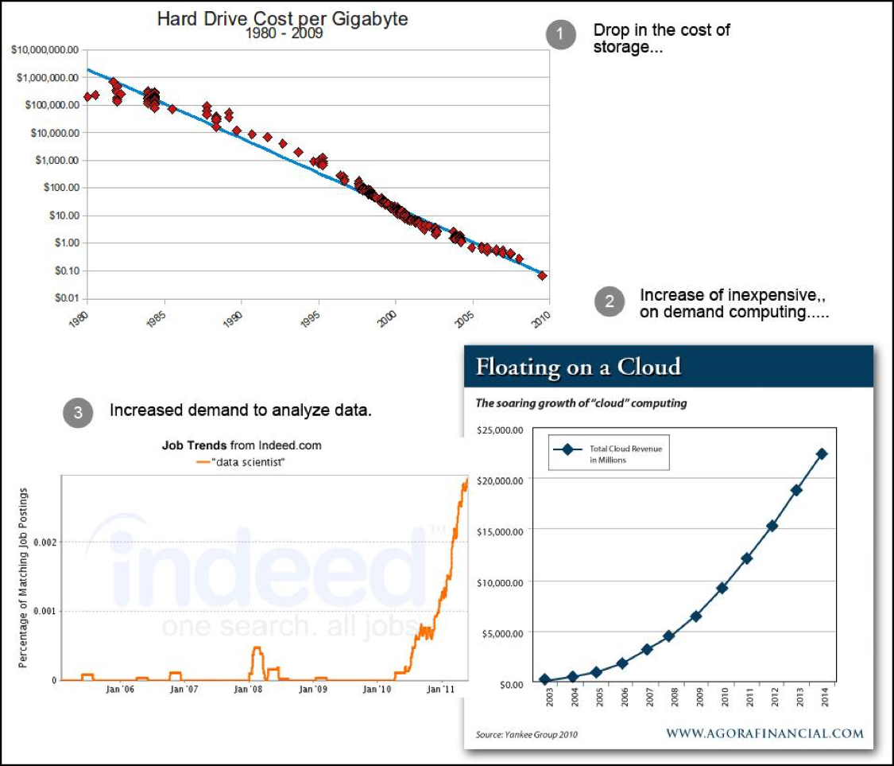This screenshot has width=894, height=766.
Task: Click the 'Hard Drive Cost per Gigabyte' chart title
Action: (282, 19)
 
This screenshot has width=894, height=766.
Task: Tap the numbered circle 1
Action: (560, 35)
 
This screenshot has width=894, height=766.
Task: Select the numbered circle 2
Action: (610, 301)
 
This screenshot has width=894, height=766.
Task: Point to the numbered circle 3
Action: (77, 412)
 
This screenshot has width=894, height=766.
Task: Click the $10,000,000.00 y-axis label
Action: (45, 50)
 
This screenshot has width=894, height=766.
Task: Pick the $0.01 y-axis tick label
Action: (64, 298)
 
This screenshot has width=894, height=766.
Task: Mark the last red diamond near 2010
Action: (542, 275)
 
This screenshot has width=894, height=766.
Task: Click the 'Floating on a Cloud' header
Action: (579, 367)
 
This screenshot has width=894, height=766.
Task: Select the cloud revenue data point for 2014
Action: (822, 454)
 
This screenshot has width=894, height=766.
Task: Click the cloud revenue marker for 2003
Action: (544, 679)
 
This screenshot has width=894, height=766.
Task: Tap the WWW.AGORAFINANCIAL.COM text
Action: (764, 733)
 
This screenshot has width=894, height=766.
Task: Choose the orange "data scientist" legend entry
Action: (241, 461)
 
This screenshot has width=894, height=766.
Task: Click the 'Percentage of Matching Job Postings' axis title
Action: (23, 578)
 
